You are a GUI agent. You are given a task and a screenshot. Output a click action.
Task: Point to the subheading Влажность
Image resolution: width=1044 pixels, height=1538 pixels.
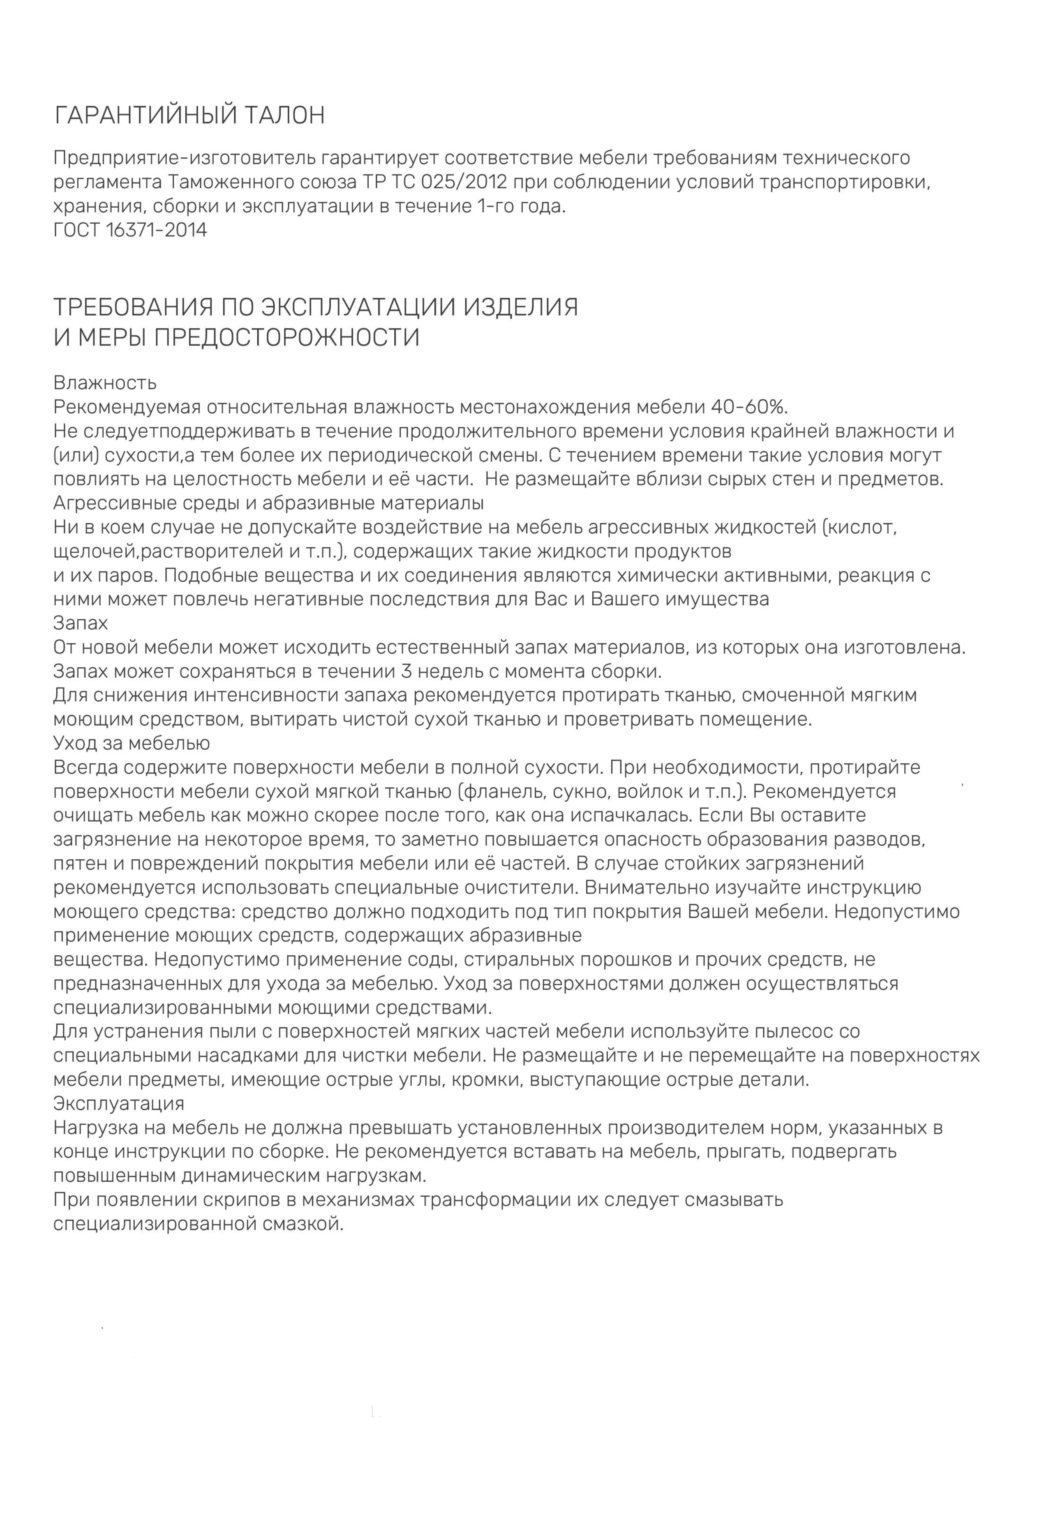pos(104,383)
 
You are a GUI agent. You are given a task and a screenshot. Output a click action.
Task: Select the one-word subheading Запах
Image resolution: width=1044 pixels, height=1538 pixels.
pos(80,623)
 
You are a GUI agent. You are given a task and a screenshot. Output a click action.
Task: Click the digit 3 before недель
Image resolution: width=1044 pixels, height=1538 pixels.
pos(408,672)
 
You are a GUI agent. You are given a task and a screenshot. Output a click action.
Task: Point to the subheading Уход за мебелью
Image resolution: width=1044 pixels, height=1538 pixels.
pos(131,744)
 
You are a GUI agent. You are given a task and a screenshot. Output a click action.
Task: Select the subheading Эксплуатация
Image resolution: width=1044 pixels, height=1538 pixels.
pos(118,1103)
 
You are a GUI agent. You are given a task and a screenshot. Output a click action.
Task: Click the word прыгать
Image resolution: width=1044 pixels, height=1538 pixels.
pos(744,1151)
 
